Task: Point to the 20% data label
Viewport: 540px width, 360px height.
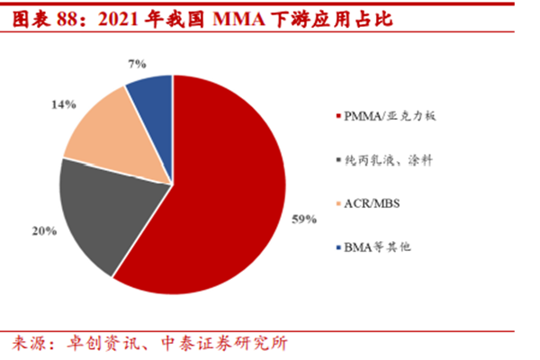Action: click(45, 231)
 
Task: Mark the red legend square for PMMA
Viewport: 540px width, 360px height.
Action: click(337, 117)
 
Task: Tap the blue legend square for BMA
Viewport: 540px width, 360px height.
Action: click(337, 247)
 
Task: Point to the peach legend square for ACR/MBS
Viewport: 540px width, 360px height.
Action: click(337, 203)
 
